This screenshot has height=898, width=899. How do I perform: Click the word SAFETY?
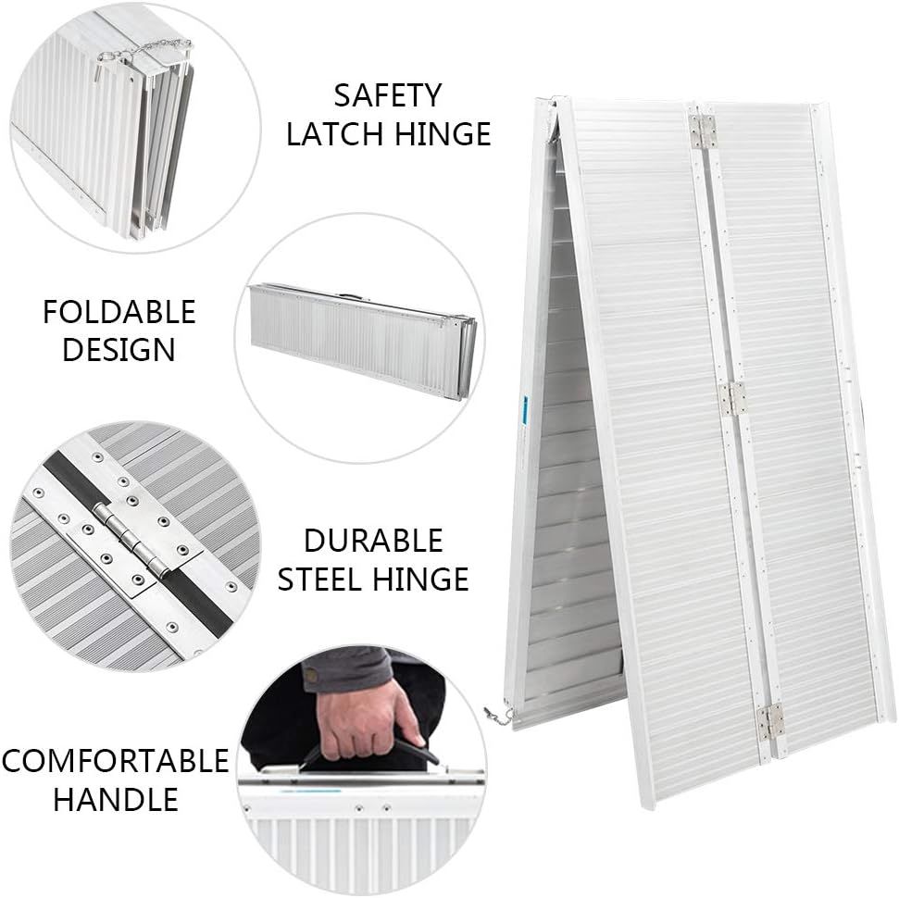(x=388, y=95)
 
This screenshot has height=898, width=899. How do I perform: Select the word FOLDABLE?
(x=119, y=312)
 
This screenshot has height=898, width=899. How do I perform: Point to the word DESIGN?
(x=119, y=350)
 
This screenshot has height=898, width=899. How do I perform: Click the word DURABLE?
(x=373, y=541)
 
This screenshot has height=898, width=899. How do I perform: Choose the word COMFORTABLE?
(x=115, y=762)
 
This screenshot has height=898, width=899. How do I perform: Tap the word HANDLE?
(x=115, y=800)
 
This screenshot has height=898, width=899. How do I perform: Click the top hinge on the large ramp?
(x=703, y=131)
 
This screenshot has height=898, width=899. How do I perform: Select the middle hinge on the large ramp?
(x=732, y=398)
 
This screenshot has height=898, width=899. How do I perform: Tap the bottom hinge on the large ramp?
(x=771, y=721)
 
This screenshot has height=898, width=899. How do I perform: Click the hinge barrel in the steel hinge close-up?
(x=131, y=539)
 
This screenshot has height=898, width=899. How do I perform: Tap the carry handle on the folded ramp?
(x=350, y=296)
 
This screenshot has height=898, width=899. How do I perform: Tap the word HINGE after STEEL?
(x=421, y=580)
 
